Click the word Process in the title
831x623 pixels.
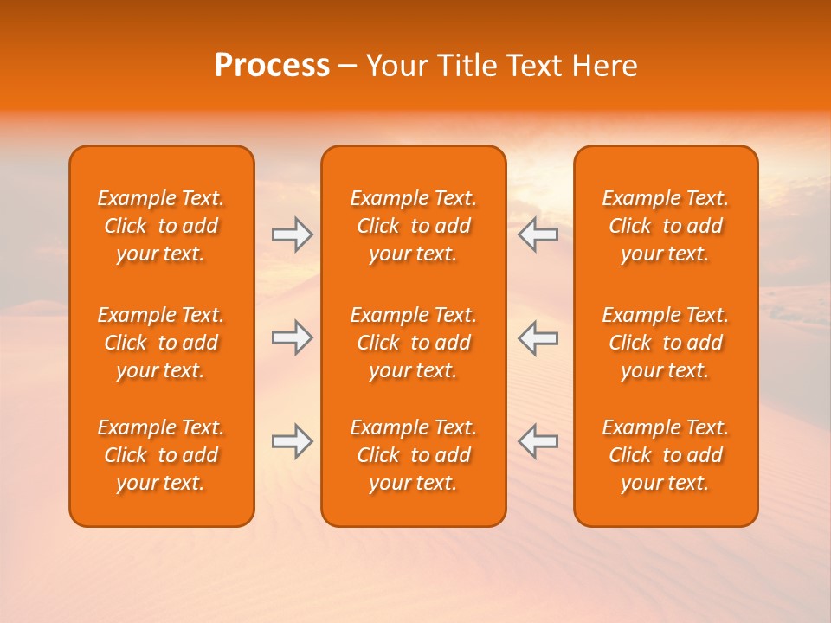coord(272,66)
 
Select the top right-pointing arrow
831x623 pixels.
coord(293,234)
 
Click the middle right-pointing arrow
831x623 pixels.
coord(293,337)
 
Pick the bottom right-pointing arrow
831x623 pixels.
coord(293,441)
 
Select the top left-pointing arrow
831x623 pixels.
coord(538,234)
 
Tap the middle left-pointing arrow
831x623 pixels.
coord(538,337)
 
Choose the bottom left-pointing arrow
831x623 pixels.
coord(538,441)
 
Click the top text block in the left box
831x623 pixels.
coord(161,226)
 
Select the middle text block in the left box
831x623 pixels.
coord(161,343)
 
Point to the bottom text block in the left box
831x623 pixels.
coord(161,455)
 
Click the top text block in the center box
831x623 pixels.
coord(414,226)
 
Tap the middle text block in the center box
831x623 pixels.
coord(414,343)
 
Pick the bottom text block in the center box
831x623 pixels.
coord(414,455)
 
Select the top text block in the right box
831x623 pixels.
coord(666,226)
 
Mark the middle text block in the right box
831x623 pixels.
coord(666,343)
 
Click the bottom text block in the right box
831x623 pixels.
coord(666,455)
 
